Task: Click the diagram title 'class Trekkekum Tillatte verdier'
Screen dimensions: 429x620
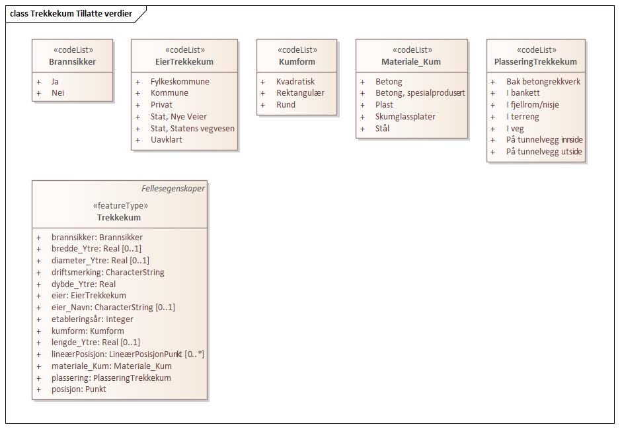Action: pyautogui.click(x=71, y=14)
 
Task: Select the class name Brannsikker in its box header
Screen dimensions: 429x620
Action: pyautogui.click(x=72, y=62)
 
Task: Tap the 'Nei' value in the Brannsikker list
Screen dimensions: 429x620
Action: pyautogui.click(x=58, y=93)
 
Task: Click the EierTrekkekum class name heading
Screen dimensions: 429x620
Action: pyautogui.click(x=184, y=62)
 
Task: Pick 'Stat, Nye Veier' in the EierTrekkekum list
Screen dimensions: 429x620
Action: pyautogui.click(x=178, y=117)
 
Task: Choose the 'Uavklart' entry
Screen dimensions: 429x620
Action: pyautogui.click(x=167, y=140)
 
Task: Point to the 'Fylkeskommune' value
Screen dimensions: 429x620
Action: pyautogui.click(x=180, y=82)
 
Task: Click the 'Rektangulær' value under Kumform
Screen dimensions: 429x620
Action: pyautogui.click(x=300, y=93)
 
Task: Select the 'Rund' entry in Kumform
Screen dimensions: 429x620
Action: pyautogui.click(x=286, y=105)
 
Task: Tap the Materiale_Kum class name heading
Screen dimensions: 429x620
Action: pyautogui.click(x=411, y=62)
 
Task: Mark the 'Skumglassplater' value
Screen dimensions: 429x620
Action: pyautogui.click(x=405, y=117)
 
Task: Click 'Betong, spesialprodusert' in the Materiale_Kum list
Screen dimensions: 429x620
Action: pyautogui.click(x=420, y=93)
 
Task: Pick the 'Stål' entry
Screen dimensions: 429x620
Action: pyautogui.click(x=383, y=129)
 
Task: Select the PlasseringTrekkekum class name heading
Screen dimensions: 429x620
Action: pyautogui.click(x=535, y=62)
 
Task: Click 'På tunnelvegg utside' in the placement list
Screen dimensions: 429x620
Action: pyautogui.click(x=545, y=152)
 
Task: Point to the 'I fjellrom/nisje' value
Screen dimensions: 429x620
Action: pyautogui.click(x=533, y=105)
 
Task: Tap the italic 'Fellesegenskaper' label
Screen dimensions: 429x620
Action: pyautogui.click(x=173, y=189)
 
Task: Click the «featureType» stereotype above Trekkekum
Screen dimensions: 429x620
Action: pyautogui.click(x=119, y=206)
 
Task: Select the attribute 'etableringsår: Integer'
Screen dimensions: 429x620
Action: pyautogui.click(x=93, y=319)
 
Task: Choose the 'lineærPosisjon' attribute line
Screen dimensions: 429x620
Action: pyautogui.click(x=128, y=354)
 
